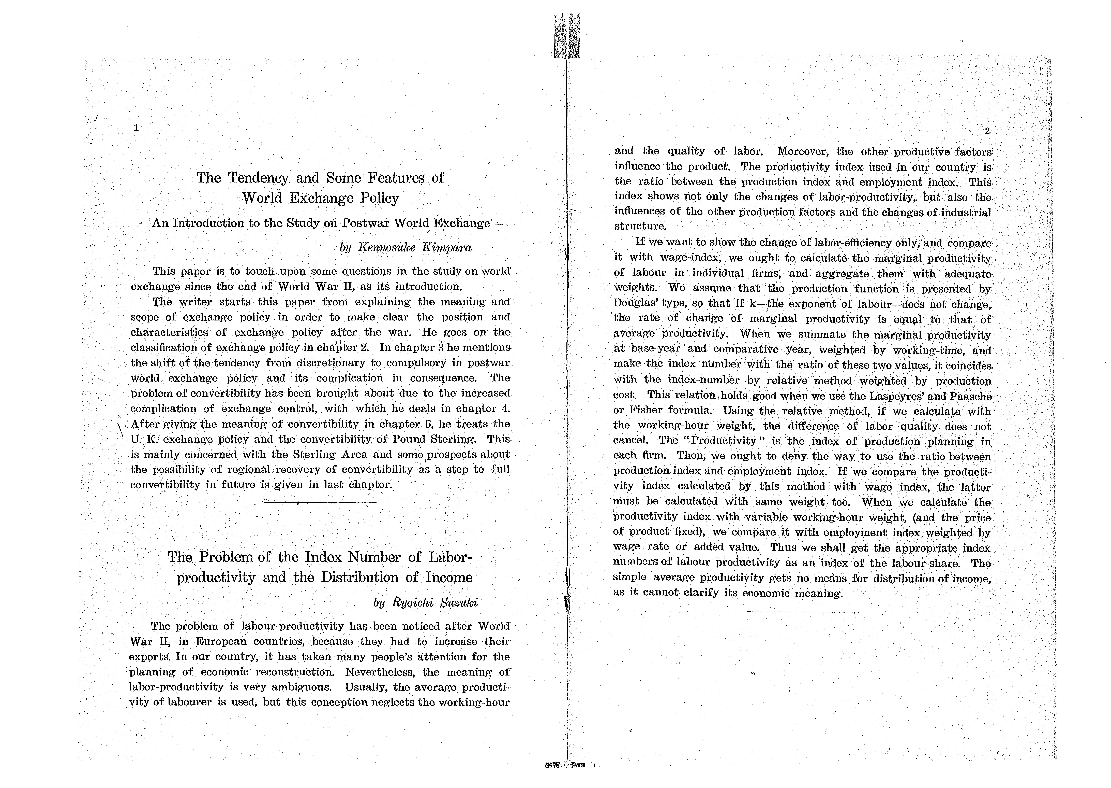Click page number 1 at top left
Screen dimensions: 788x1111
(x=136, y=128)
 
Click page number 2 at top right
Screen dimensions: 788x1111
(x=987, y=131)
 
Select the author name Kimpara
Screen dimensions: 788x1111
(x=446, y=247)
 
